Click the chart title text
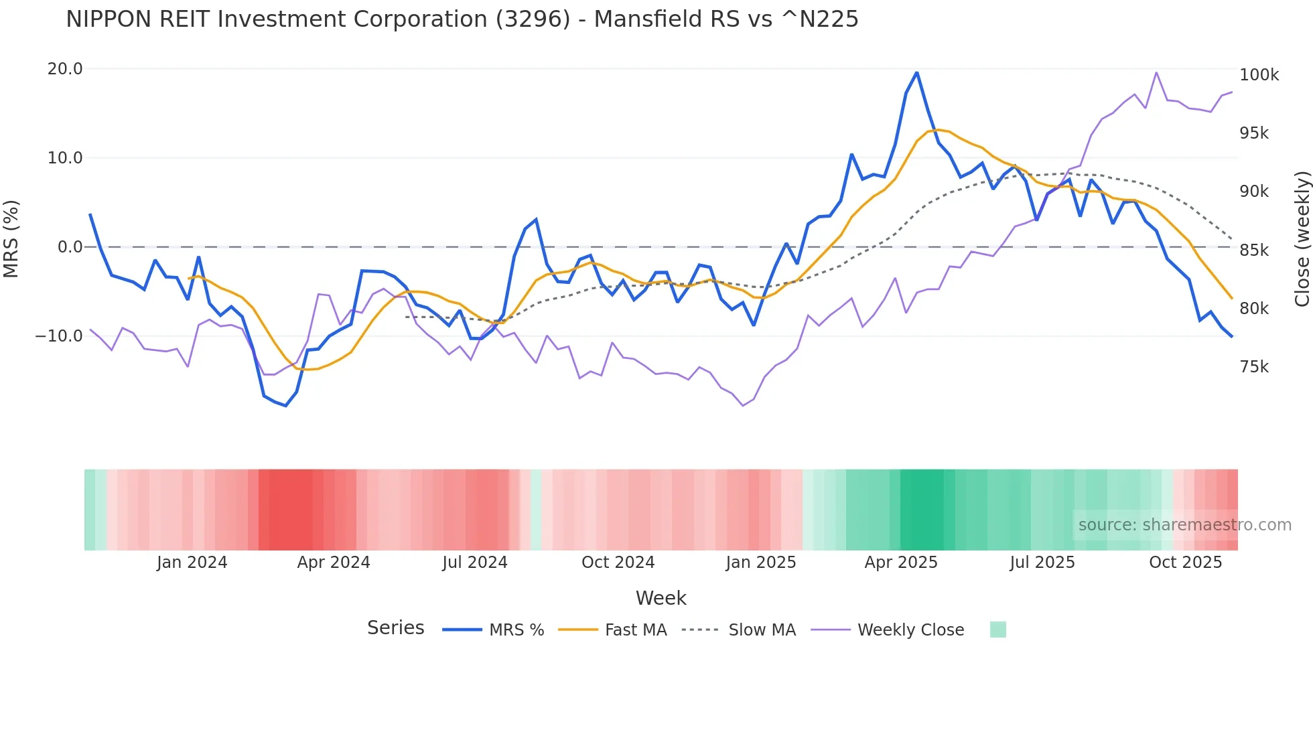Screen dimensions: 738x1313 [x=462, y=19]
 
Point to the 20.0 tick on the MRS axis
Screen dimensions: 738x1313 [x=65, y=69]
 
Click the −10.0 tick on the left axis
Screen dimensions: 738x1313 [x=59, y=336]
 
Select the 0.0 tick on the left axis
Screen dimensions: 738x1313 [x=70, y=247]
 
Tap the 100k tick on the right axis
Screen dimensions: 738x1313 [x=1259, y=75]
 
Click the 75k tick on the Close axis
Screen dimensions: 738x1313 [x=1254, y=367]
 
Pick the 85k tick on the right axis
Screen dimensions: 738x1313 [x=1254, y=250]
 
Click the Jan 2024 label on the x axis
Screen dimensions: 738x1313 [x=192, y=563]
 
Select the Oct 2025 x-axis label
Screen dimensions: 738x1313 [x=1185, y=563]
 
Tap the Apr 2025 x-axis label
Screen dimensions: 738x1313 [x=900, y=563]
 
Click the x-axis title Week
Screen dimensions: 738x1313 [x=661, y=598]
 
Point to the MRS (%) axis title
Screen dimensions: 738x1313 [x=11, y=238]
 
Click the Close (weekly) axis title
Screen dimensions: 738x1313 [x=1302, y=239]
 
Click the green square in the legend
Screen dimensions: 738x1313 [x=997, y=630]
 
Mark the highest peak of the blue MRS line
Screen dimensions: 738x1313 [x=916, y=72]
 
